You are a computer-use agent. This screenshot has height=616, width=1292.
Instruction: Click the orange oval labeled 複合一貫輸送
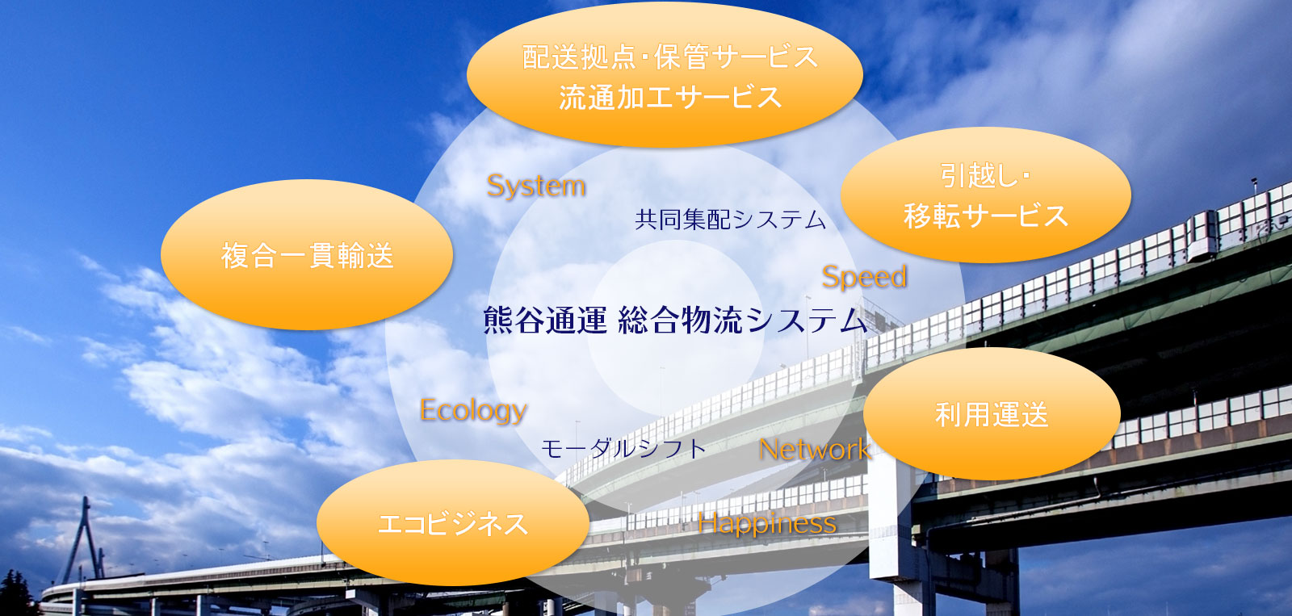(x=307, y=255)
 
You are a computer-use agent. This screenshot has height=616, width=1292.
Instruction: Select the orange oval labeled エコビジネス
(x=452, y=523)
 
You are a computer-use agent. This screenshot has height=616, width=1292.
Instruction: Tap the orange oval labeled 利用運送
(x=992, y=414)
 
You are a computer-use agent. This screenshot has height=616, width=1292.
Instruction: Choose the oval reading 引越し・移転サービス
(x=985, y=195)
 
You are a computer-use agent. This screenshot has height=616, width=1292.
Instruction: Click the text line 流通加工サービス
(x=670, y=98)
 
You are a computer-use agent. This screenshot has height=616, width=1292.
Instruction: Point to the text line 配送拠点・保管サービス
(x=670, y=57)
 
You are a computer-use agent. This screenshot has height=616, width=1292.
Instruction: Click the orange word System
(x=536, y=186)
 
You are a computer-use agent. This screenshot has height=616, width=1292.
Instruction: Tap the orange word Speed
(x=864, y=277)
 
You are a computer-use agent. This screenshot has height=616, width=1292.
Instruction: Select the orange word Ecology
(x=473, y=410)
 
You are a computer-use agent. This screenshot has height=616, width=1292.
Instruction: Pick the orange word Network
(x=814, y=450)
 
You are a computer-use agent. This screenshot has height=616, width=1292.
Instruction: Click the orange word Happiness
(x=767, y=523)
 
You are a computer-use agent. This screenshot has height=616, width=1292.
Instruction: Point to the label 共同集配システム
(x=730, y=220)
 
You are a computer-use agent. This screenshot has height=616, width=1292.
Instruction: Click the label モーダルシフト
(x=623, y=448)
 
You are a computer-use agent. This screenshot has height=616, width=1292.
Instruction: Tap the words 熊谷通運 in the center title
(x=544, y=321)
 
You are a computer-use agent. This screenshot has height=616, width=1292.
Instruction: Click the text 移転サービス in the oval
(x=985, y=216)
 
